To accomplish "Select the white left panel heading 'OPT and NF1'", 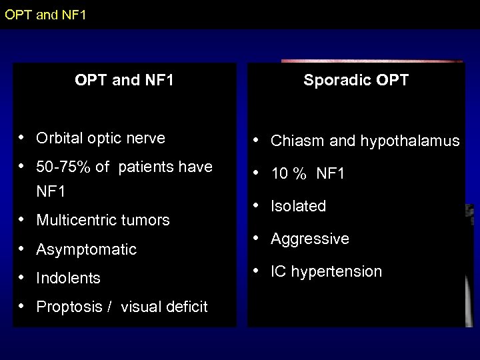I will [x=125, y=81].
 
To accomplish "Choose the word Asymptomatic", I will [x=86, y=249].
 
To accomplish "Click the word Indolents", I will [x=68, y=278].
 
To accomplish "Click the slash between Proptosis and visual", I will [x=108, y=307].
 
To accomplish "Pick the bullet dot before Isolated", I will [x=257, y=205].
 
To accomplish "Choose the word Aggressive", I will [x=309, y=239].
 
